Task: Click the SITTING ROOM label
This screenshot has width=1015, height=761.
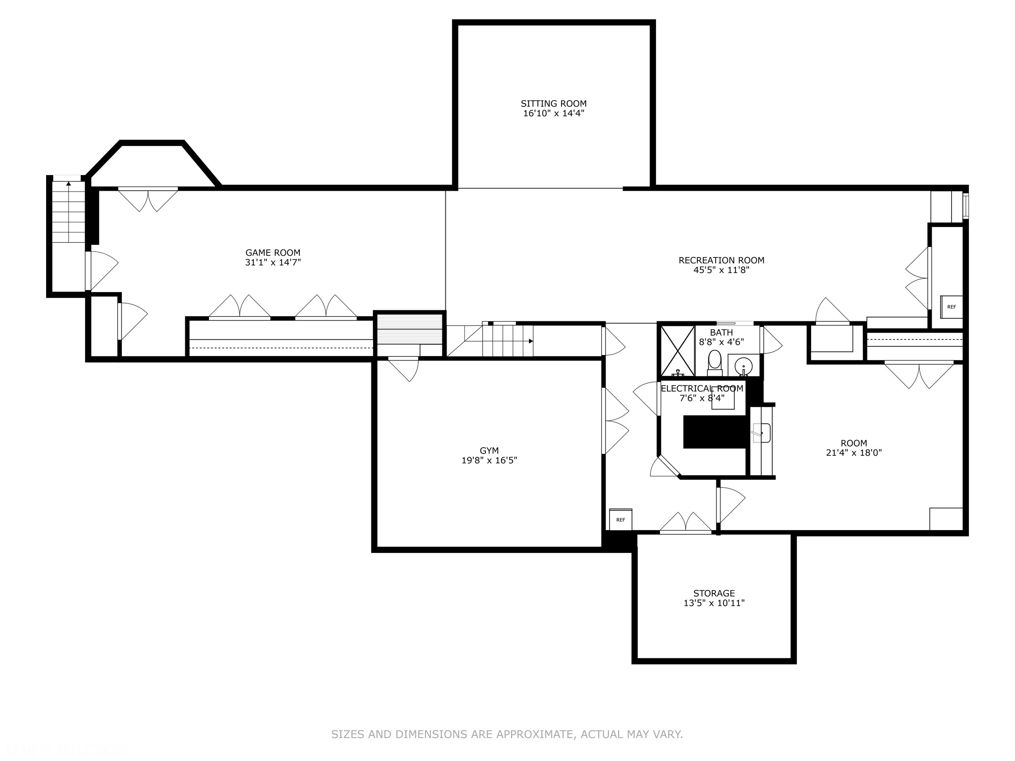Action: pos(553,104)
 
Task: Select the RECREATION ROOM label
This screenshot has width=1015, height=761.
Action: pos(721,260)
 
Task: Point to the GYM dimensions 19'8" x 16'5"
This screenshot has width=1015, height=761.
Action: pos(489,460)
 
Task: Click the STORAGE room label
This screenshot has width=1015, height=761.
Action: pos(713,593)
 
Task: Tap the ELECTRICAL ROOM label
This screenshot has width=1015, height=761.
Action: pos(702,389)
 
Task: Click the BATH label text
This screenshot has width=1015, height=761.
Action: pos(721,332)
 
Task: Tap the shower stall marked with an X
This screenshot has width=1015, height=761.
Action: pos(677,351)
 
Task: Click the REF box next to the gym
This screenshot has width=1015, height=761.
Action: pos(620,519)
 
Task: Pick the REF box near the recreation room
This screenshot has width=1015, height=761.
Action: pos(951,307)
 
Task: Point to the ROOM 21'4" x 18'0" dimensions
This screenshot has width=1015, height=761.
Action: pos(853,453)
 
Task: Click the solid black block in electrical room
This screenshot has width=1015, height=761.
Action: pos(713,432)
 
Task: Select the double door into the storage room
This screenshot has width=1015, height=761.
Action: pos(686,523)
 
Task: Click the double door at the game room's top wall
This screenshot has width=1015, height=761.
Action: pos(148,198)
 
